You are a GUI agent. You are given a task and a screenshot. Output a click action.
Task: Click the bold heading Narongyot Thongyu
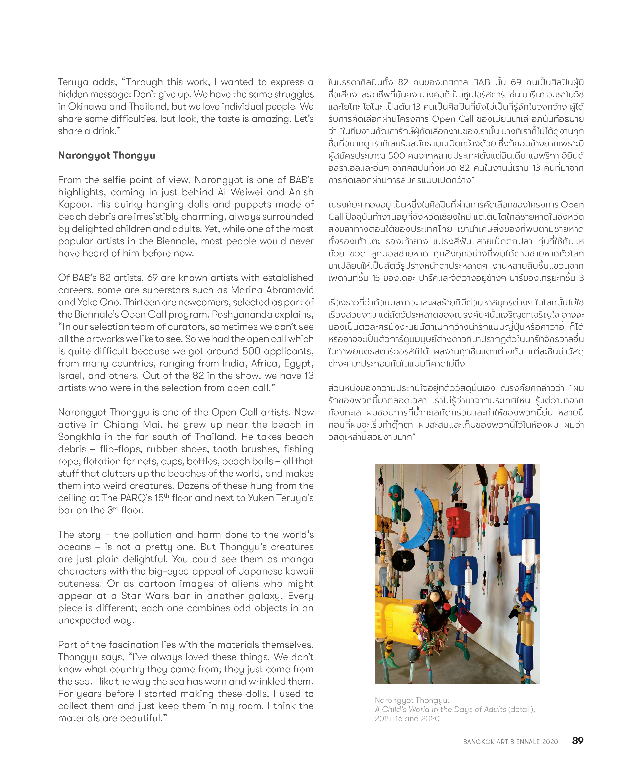click(107, 155)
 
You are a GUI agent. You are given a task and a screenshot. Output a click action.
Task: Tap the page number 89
click(578, 741)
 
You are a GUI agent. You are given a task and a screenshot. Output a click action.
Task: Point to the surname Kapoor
click(74, 205)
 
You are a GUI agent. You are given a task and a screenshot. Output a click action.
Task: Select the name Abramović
click(290, 290)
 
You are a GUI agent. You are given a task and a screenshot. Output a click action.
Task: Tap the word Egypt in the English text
click(298, 364)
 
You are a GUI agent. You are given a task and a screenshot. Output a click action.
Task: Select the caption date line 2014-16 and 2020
click(407, 718)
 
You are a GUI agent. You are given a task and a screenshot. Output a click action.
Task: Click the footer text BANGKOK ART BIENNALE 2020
click(510, 742)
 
